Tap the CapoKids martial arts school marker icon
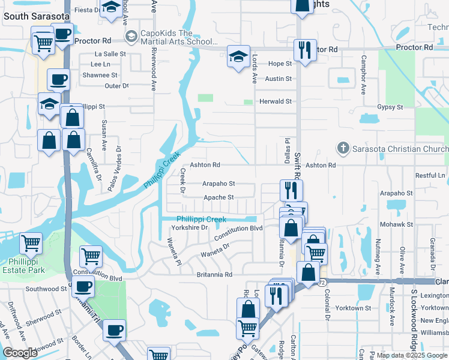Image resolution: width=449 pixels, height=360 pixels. point(131,37)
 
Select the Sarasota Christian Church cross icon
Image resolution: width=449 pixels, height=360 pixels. point(343,148)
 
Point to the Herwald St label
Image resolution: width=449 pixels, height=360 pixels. point(275,101)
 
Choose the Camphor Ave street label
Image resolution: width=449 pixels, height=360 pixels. point(363,75)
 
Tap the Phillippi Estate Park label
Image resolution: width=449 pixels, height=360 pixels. point(27,266)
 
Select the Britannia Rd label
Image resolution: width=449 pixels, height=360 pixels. point(214,274)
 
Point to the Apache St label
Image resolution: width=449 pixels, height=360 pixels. point(218,197)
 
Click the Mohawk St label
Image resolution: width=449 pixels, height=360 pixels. point(396,224)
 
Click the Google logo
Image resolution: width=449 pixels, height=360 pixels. point(20,353)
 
